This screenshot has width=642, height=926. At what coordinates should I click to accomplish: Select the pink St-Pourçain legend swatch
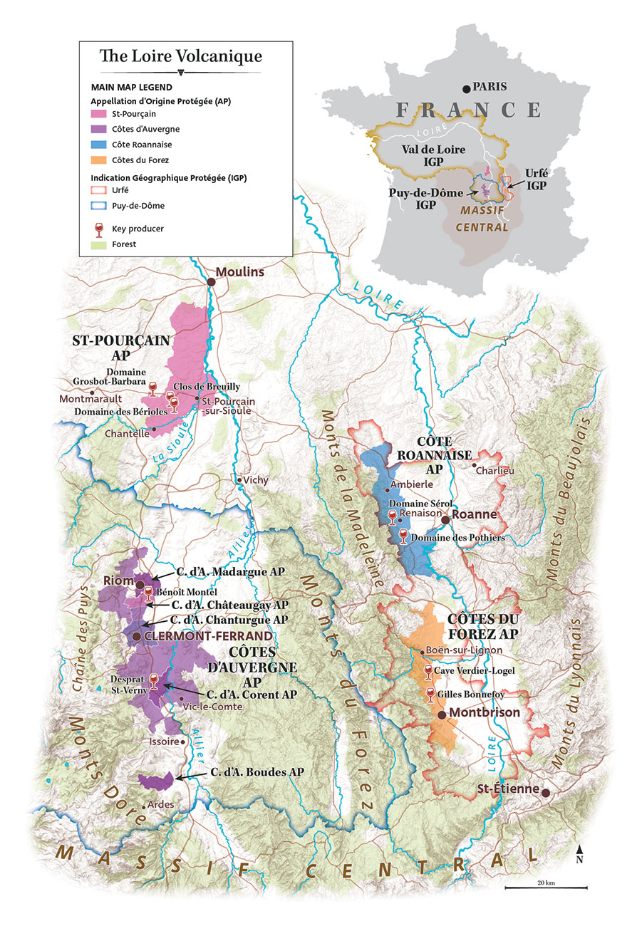pyautogui.click(x=99, y=114)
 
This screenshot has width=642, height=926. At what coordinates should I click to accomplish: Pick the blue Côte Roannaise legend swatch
pyautogui.click(x=99, y=144)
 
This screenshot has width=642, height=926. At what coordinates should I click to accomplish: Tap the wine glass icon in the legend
pyautogui.click(x=99, y=229)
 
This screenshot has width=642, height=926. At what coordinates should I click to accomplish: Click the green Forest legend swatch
pyautogui.click(x=99, y=244)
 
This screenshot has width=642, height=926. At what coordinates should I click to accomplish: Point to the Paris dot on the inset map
pyautogui.click(x=467, y=88)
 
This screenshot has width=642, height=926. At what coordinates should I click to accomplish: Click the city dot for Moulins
pyautogui.click(x=212, y=282)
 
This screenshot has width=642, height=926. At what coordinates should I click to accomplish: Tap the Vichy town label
pyautogui.click(x=256, y=480)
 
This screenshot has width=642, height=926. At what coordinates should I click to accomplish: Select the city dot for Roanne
pyautogui.click(x=445, y=520)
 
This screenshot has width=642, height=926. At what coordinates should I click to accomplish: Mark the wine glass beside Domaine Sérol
pyautogui.click(x=391, y=516)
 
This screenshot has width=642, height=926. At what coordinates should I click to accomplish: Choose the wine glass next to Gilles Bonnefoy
pyautogui.click(x=430, y=694)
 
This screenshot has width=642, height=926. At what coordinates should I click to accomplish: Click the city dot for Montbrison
pyautogui.click(x=442, y=714)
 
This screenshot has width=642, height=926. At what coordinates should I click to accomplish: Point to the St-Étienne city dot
pyautogui.click(x=546, y=793)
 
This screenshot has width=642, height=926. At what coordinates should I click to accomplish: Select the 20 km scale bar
pyautogui.click(x=546, y=888)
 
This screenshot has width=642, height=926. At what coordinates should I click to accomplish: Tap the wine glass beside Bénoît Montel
pyautogui.click(x=148, y=593)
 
